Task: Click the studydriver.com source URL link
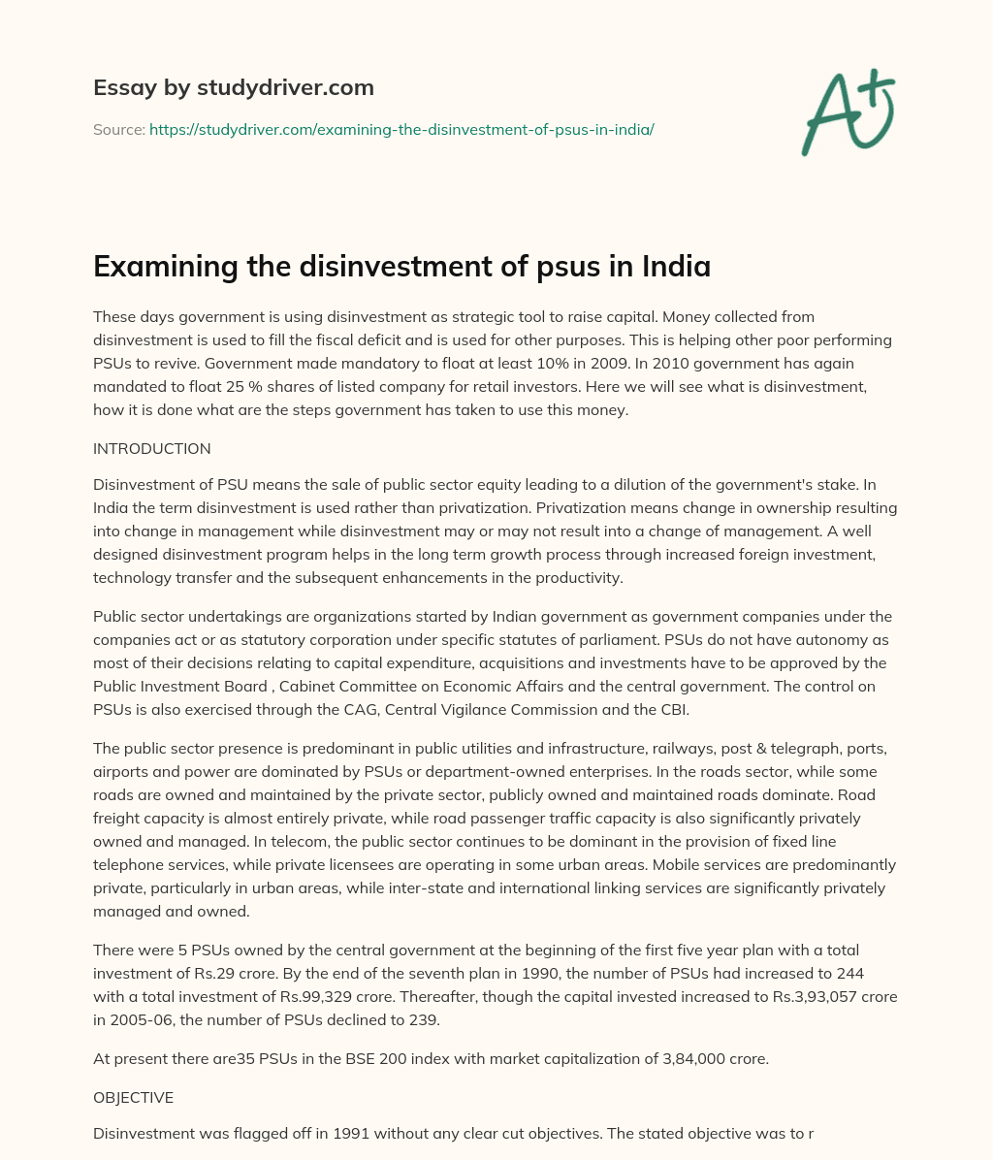pos(401,129)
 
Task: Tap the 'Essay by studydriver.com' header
pos(233,87)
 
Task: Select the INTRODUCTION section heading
pos(151,449)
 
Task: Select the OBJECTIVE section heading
pos(133,1098)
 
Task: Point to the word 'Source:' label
pos(118,129)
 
